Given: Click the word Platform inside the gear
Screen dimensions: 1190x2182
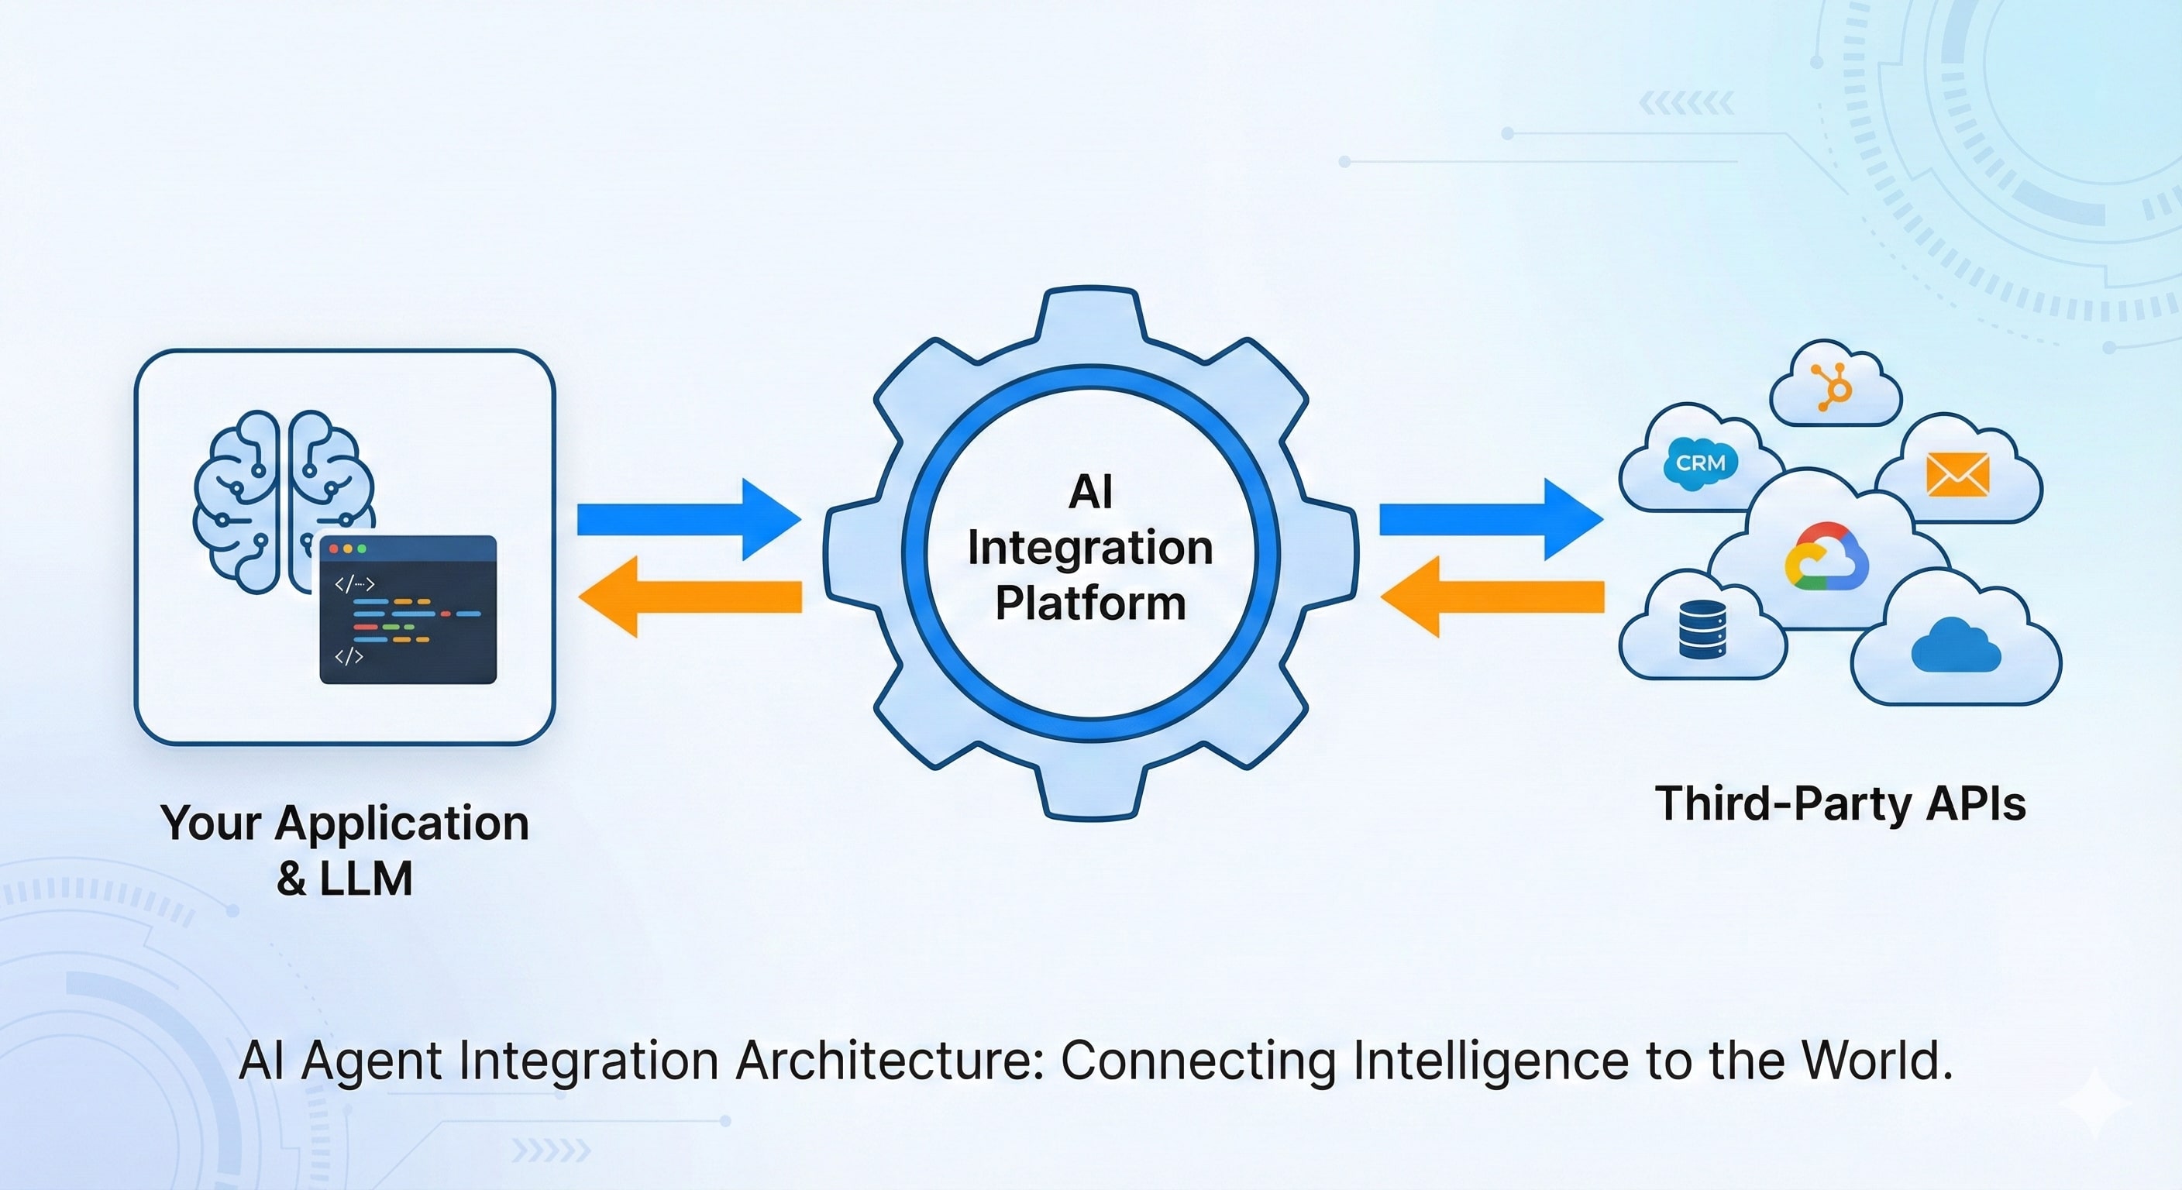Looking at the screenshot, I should click(x=1090, y=603).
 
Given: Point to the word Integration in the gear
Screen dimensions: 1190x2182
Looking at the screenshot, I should click(x=1090, y=548).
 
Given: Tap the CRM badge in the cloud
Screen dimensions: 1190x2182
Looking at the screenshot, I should click(x=1700, y=463).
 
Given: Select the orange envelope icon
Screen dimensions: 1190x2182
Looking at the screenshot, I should click(x=1957, y=474).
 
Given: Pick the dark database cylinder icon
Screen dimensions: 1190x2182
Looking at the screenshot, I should click(x=1702, y=629).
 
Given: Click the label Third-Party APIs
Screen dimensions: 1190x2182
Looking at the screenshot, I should click(x=1840, y=803).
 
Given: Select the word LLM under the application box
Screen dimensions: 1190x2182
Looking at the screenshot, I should click(x=366, y=879).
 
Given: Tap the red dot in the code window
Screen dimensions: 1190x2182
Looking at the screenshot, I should click(x=334, y=549).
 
